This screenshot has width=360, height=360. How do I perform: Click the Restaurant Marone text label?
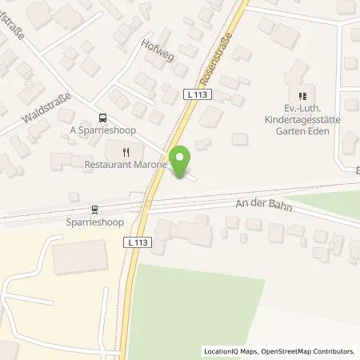coord(126,166)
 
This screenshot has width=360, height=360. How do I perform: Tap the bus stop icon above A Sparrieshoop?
coord(101,118)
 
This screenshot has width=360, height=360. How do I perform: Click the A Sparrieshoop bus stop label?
coord(101,131)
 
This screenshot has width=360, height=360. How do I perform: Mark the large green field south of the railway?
coord(200,304)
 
